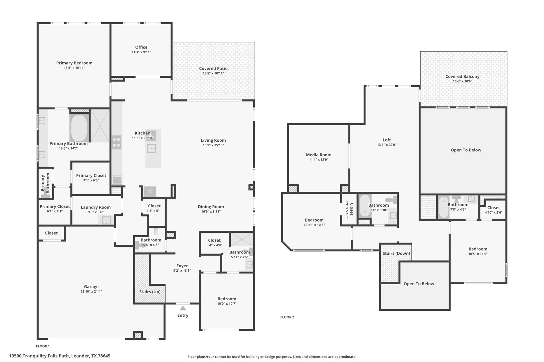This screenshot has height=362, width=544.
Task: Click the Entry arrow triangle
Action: (183, 308)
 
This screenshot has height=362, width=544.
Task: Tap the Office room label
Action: (141, 47)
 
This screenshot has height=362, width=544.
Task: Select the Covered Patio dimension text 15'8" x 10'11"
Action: (213, 73)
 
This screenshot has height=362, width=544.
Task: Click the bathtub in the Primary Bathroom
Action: (79, 128)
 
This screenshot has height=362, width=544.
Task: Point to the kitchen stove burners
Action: (116, 142)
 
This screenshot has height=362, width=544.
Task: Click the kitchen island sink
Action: (152, 149)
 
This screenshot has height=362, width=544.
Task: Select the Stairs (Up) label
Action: (150, 292)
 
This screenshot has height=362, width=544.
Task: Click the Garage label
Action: (91, 287)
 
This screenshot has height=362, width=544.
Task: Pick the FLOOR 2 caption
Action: (287, 317)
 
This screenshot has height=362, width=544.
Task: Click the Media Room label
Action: (318, 155)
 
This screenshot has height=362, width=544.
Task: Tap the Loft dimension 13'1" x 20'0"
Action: (386, 145)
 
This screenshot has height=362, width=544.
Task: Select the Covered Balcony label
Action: (462, 77)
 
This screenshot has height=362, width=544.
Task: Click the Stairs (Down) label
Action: (396, 253)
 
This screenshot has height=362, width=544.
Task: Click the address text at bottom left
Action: (60, 356)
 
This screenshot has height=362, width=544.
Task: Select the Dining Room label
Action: (211, 207)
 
